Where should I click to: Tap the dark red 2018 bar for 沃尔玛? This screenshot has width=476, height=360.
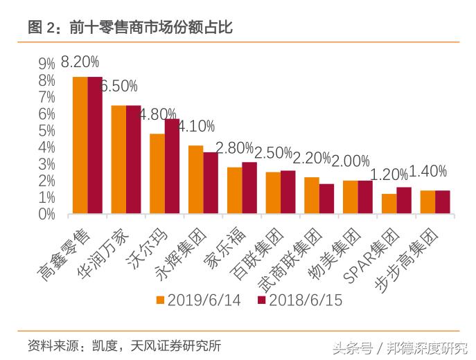tap(172, 166)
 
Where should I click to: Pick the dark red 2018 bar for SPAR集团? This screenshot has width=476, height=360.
tap(403, 200)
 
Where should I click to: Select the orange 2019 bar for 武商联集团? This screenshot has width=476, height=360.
tap(312, 195)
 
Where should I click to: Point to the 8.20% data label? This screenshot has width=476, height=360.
tap(80, 62)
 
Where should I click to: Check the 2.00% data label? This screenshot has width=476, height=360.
tap(350, 161)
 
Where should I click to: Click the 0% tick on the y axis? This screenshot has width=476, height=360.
tap(47, 214)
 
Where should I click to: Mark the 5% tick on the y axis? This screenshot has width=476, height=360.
tap(47, 131)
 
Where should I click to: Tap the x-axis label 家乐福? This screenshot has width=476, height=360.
tap(219, 247)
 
